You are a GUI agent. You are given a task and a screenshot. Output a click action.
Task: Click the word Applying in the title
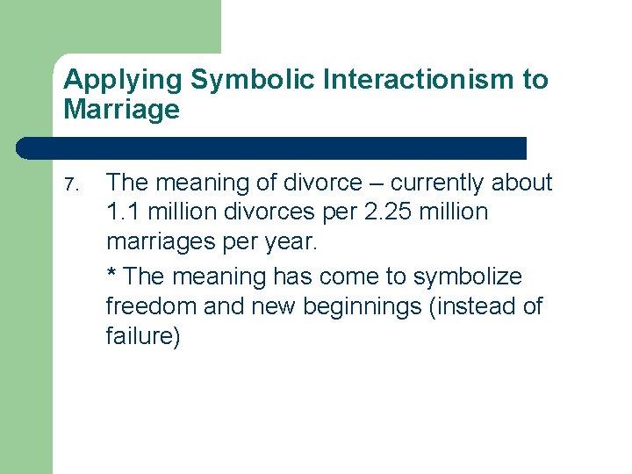click(x=123, y=81)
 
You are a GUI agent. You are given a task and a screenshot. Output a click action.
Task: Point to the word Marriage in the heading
click(x=121, y=110)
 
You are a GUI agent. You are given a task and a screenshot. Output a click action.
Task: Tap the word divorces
click(x=269, y=212)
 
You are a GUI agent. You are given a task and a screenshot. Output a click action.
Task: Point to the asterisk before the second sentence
click(x=111, y=274)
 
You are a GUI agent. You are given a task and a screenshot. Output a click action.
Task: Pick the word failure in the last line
click(x=141, y=337)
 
